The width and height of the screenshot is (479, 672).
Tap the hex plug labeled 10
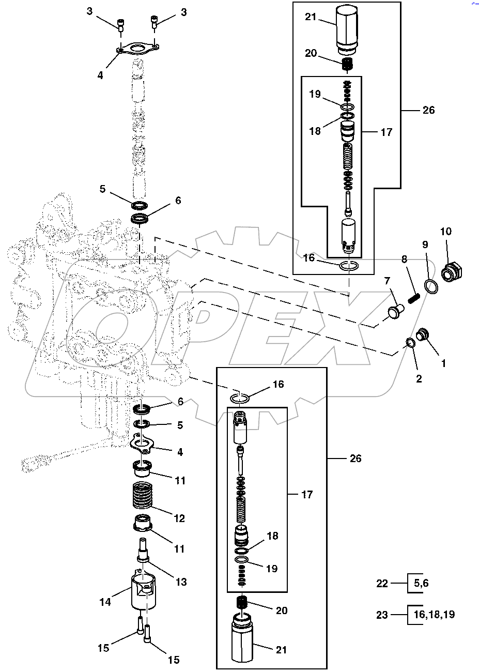(453, 272)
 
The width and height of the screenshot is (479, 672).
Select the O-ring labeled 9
(431, 286)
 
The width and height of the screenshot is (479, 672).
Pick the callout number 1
(443, 363)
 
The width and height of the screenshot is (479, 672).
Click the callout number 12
(179, 518)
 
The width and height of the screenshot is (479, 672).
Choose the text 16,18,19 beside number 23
(435, 615)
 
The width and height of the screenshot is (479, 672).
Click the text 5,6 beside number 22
(421, 584)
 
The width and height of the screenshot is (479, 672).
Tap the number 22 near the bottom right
(382, 584)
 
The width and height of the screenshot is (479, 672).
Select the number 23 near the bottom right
(382, 615)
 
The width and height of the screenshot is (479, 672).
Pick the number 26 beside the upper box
(428, 110)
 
